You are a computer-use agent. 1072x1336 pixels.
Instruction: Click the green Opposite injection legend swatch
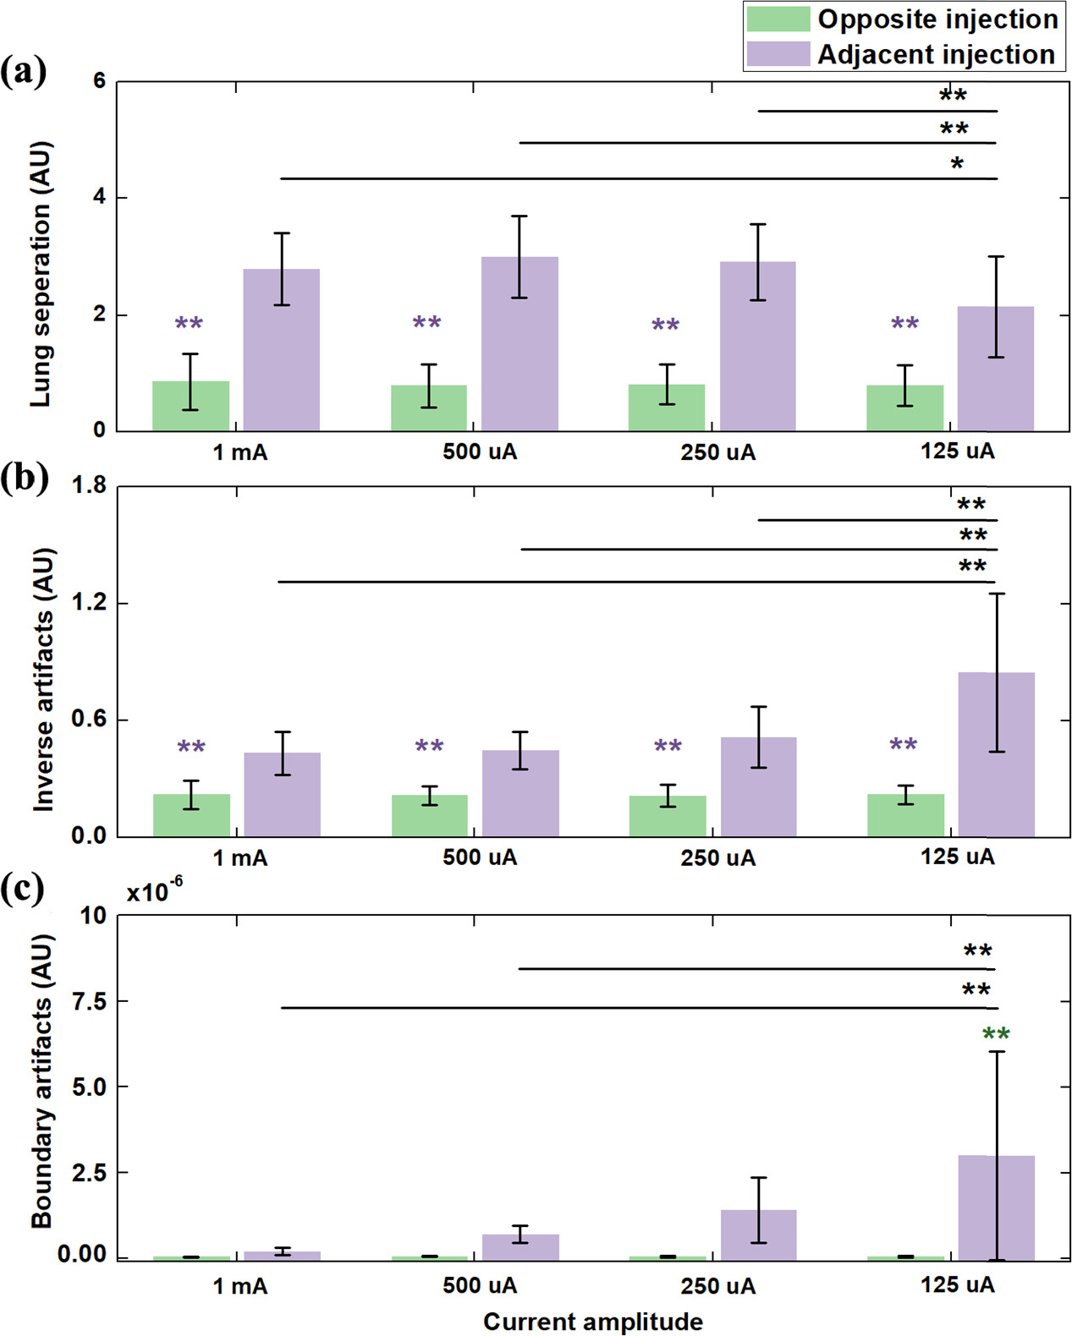click(778, 19)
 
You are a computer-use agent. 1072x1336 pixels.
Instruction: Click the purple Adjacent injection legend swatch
click(778, 54)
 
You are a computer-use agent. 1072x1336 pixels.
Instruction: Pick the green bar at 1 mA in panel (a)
click(190, 406)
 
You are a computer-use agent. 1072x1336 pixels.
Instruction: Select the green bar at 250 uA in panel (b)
click(667, 816)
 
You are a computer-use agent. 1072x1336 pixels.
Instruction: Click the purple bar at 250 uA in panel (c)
click(758, 1235)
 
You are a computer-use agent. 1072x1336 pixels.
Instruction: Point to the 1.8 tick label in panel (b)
click(89, 485)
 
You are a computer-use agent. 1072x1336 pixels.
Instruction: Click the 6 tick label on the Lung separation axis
click(100, 81)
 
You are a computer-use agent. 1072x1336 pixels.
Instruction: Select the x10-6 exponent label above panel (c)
click(154, 891)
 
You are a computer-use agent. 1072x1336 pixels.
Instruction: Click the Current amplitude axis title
click(592, 1322)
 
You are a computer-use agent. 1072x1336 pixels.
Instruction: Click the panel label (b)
click(24, 479)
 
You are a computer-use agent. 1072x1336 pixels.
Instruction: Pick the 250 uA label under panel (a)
click(717, 452)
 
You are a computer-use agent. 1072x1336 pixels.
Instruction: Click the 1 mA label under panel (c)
click(239, 1286)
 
